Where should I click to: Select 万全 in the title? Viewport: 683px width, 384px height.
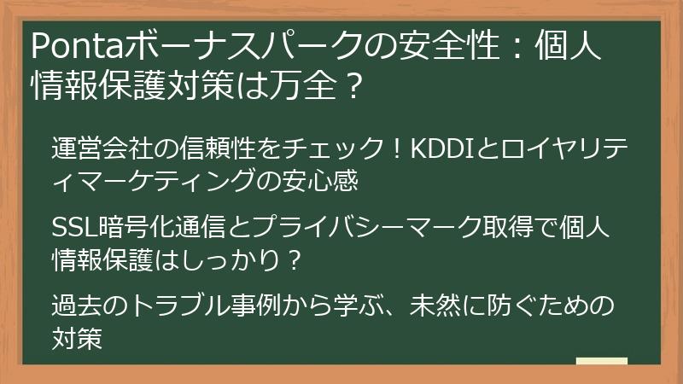292,85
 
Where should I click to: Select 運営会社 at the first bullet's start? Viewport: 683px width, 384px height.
95,147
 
